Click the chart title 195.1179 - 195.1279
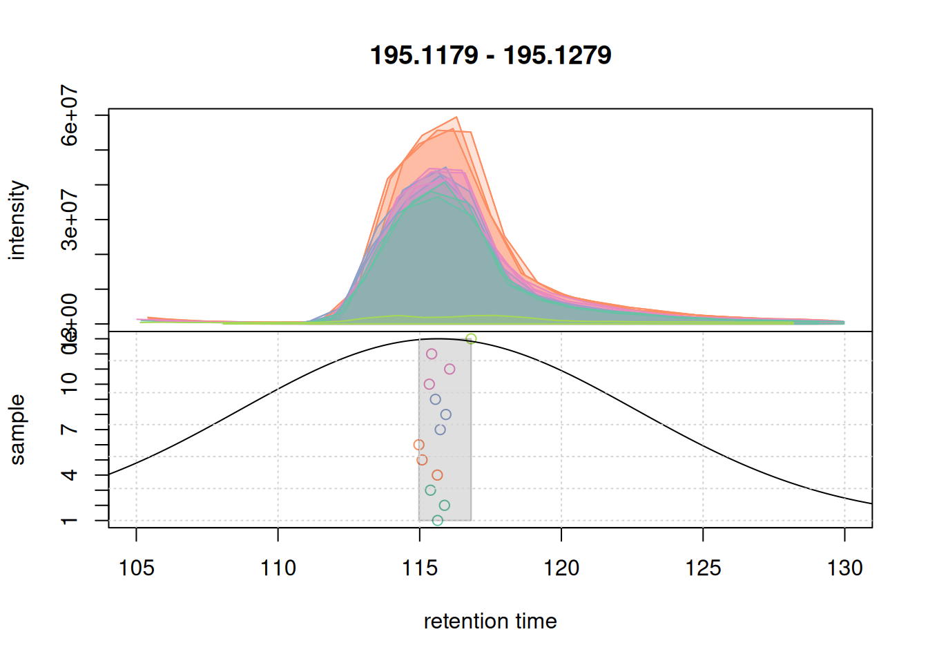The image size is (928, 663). [490, 55]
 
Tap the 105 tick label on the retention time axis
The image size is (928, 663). [136, 568]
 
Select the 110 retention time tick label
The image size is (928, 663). [278, 568]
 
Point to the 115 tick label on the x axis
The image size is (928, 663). [420, 568]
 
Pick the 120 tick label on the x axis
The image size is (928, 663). [561, 568]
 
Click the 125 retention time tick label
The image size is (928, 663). [703, 568]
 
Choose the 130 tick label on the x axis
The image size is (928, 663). [844, 568]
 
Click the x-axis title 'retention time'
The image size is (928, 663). [490, 622]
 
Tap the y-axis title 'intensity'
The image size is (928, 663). [17, 220]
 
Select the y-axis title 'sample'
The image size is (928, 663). [17, 430]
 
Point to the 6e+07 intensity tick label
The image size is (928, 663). [70, 115]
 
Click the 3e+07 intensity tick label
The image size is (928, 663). [70, 220]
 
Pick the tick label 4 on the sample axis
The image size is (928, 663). [70, 475]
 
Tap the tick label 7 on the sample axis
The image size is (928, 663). [70, 430]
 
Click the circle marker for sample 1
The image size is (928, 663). [437, 521]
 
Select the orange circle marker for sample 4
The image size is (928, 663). [437, 475]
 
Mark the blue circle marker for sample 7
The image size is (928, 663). [440, 430]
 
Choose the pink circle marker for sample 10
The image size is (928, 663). [429, 384]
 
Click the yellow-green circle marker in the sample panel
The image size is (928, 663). [471, 338]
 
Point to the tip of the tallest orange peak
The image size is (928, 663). [456, 117]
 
